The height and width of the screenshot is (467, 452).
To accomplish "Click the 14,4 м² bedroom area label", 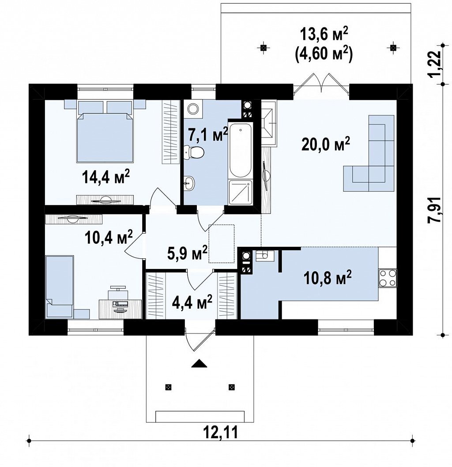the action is pos(105,178).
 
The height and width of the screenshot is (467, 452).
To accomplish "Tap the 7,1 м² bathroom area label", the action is pos(208,135).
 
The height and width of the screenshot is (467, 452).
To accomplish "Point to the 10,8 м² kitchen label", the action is pos(328,278).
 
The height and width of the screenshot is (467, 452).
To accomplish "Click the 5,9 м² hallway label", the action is pos(187,253).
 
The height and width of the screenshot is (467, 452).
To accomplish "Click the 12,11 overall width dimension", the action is pos(221,433).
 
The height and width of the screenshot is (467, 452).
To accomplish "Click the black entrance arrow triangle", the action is pos(199,364).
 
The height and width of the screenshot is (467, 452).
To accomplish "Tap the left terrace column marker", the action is pos(263,47).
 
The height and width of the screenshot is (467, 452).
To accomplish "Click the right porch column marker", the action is pos(231,387).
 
